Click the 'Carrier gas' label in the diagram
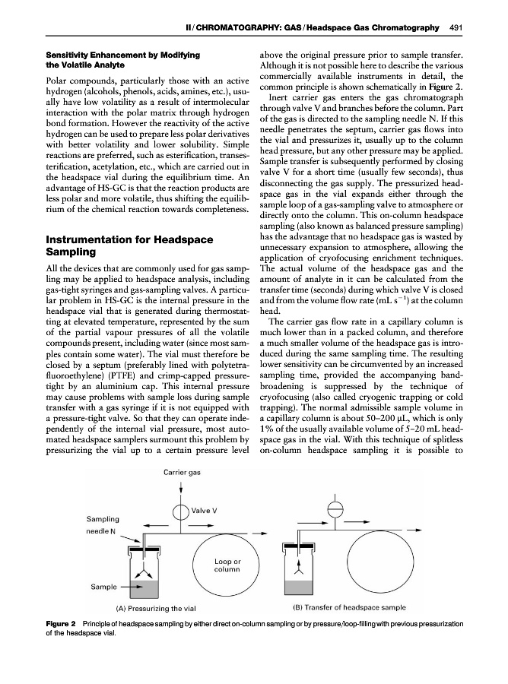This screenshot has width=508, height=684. tap(183, 473)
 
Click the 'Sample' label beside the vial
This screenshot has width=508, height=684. tap(103, 587)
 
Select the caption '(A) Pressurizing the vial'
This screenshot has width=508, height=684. tap(157, 608)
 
